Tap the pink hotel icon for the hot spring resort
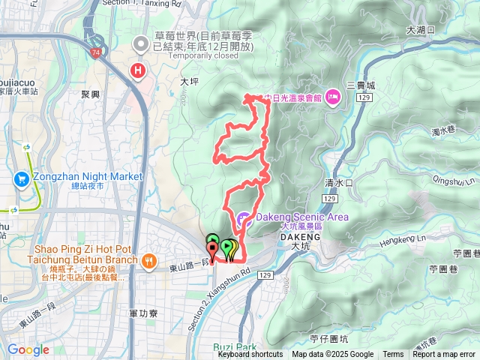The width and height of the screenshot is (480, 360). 333,97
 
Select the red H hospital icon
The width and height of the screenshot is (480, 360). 138,71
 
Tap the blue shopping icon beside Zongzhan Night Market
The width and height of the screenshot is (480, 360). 21,179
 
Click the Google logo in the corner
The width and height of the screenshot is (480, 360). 28,349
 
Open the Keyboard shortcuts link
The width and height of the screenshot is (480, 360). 250,355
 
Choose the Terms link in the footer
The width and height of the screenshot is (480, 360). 393,355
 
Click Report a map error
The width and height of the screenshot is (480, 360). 443,355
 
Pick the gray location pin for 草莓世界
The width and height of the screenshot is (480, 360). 139,46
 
